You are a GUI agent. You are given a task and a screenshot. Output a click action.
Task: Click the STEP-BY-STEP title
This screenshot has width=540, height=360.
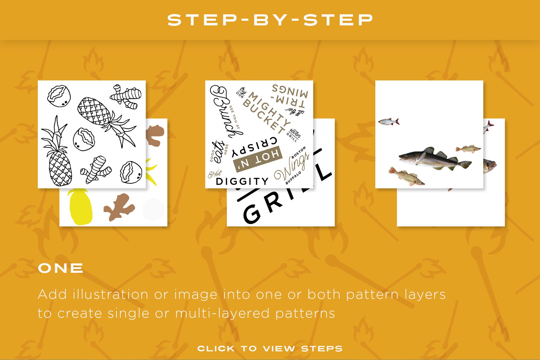tap(270, 20)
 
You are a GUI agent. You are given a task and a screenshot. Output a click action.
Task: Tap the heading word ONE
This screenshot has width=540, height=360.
tap(61, 268)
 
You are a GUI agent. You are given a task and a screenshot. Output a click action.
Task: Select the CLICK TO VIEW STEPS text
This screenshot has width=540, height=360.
tap(270, 349)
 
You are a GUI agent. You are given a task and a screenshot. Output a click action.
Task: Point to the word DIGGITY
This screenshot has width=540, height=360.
tap(242, 181)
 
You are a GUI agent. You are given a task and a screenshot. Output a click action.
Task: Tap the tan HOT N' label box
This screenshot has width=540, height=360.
tap(258, 159)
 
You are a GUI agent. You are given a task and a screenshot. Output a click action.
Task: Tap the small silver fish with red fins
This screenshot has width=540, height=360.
tap(388, 121)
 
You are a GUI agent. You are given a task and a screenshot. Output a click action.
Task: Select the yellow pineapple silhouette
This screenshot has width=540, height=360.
tap(80, 208)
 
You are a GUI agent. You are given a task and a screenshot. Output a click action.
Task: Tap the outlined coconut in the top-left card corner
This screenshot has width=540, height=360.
tap(59, 96)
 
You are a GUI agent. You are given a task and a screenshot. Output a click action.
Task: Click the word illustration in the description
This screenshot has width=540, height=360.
tap(110, 294)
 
